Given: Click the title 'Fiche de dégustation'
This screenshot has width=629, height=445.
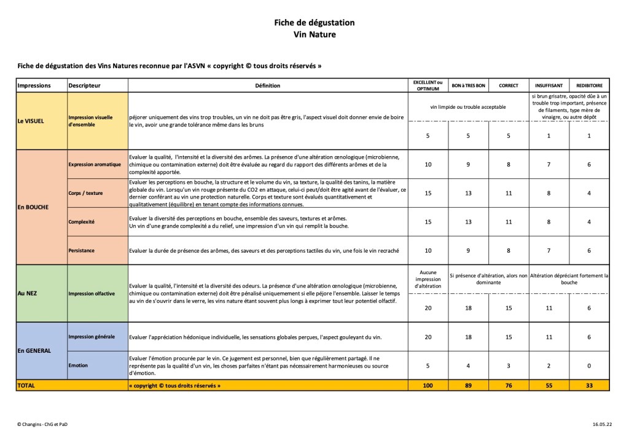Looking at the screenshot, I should pyautogui.click(x=314, y=23).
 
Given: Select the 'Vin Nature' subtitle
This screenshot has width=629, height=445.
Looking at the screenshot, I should pyautogui.click(x=314, y=34).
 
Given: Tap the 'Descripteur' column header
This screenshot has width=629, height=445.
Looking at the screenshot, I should pyautogui.click(x=85, y=85).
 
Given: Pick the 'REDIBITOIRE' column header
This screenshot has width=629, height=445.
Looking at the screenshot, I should pyautogui.click(x=588, y=85).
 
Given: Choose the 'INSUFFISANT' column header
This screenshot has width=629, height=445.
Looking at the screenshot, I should pyautogui.click(x=549, y=85).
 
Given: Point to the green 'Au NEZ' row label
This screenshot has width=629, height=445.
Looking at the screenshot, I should pyautogui.click(x=28, y=293).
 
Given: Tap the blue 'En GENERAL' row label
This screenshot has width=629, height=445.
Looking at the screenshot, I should pyautogui.click(x=34, y=351).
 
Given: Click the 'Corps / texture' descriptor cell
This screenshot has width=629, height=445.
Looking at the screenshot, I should pyautogui.click(x=86, y=193).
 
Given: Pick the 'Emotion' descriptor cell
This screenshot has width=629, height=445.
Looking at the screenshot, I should pyautogui.click(x=78, y=365).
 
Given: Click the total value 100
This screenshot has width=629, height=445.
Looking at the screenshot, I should pyautogui.click(x=428, y=385).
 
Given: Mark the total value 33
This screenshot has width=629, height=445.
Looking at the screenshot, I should pyautogui.click(x=588, y=385).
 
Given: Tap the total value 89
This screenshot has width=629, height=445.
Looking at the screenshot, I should pyautogui.click(x=468, y=385).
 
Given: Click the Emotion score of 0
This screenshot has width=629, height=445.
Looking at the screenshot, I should pyautogui.click(x=588, y=365).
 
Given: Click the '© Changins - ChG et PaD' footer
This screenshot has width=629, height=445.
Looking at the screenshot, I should pyautogui.click(x=42, y=424).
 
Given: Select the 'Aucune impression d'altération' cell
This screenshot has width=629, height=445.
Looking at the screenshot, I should pyautogui.click(x=428, y=278).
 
